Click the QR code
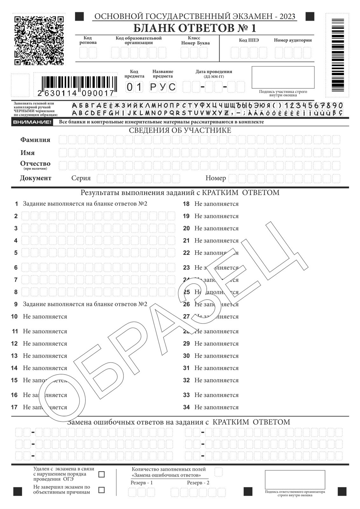click(x=39, y=40)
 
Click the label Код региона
click(x=88, y=40)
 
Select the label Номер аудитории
click(x=293, y=40)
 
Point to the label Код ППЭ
click(x=249, y=40)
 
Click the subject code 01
click(x=134, y=87)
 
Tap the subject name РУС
click(x=163, y=87)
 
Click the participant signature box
click(x=283, y=77)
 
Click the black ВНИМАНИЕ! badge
click(x=31, y=122)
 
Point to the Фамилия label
click(x=35, y=140)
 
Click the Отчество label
click(x=35, y=164)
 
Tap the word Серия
click(x=81, y=178)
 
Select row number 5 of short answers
click(x=16, y=253)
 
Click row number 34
click(x=186, y=407)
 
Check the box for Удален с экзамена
click(x=101, y=474)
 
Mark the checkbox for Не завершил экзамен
click(x=101, y=490)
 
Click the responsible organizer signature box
click(x=295, y=480)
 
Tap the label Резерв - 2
click(x=198, y=483)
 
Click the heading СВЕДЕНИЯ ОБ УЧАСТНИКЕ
click(x=180, y=130)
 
